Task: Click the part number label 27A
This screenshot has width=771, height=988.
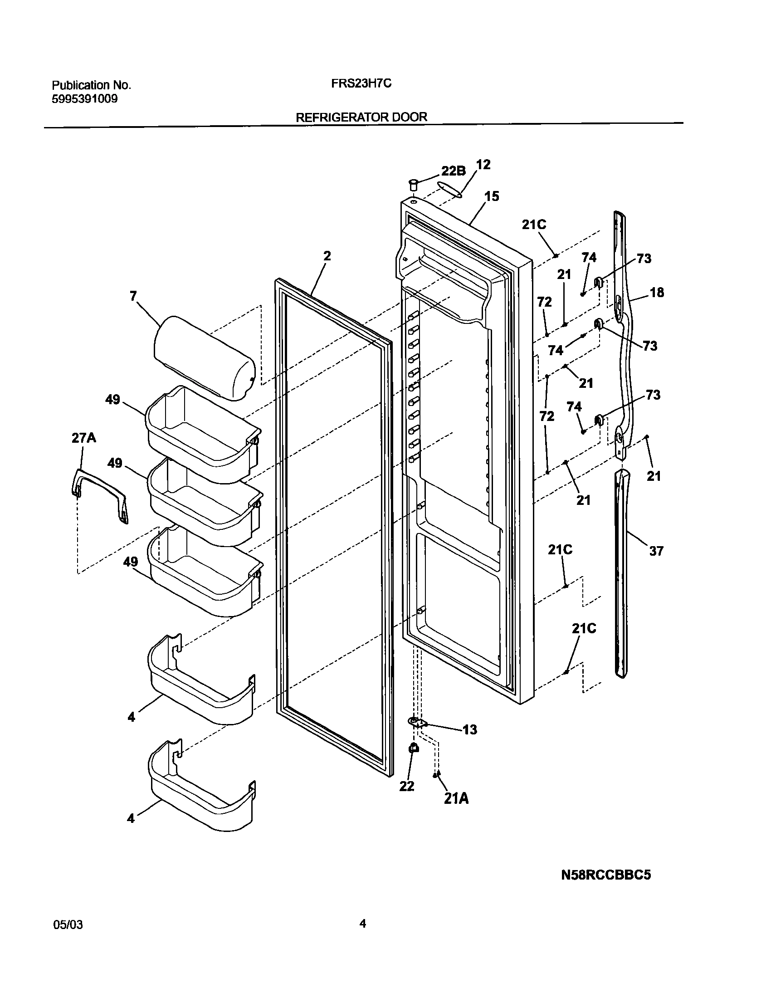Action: (83, 438)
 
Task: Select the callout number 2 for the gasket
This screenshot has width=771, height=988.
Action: (327, 256)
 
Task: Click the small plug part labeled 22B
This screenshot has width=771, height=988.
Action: (413, 185)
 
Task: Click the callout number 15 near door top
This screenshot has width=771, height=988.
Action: (491, 196)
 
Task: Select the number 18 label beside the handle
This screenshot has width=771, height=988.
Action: (657, 293)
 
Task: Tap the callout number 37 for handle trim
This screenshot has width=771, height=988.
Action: (656, 551)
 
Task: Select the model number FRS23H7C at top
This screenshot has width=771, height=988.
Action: (358, 84)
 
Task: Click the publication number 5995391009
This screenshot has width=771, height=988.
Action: (85, 98)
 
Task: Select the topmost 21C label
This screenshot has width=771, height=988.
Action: (534, 225)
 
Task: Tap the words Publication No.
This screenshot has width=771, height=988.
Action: (91, 85)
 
